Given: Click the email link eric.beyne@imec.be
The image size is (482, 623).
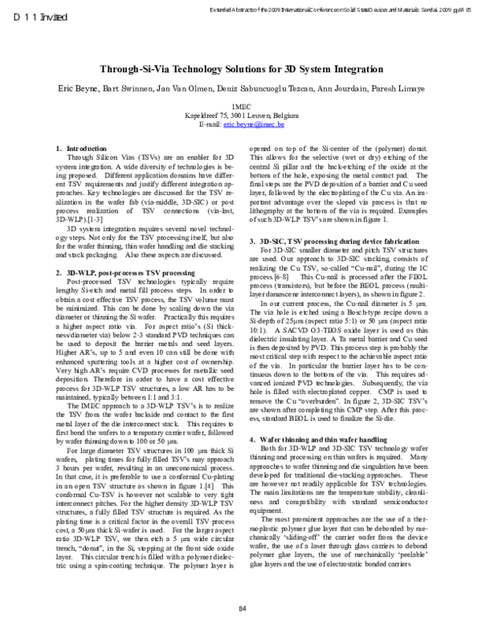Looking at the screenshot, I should pyautogui.click(x=249, y=126).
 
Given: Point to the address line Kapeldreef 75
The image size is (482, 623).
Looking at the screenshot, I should pyautogui.click(x=241, y=116).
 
